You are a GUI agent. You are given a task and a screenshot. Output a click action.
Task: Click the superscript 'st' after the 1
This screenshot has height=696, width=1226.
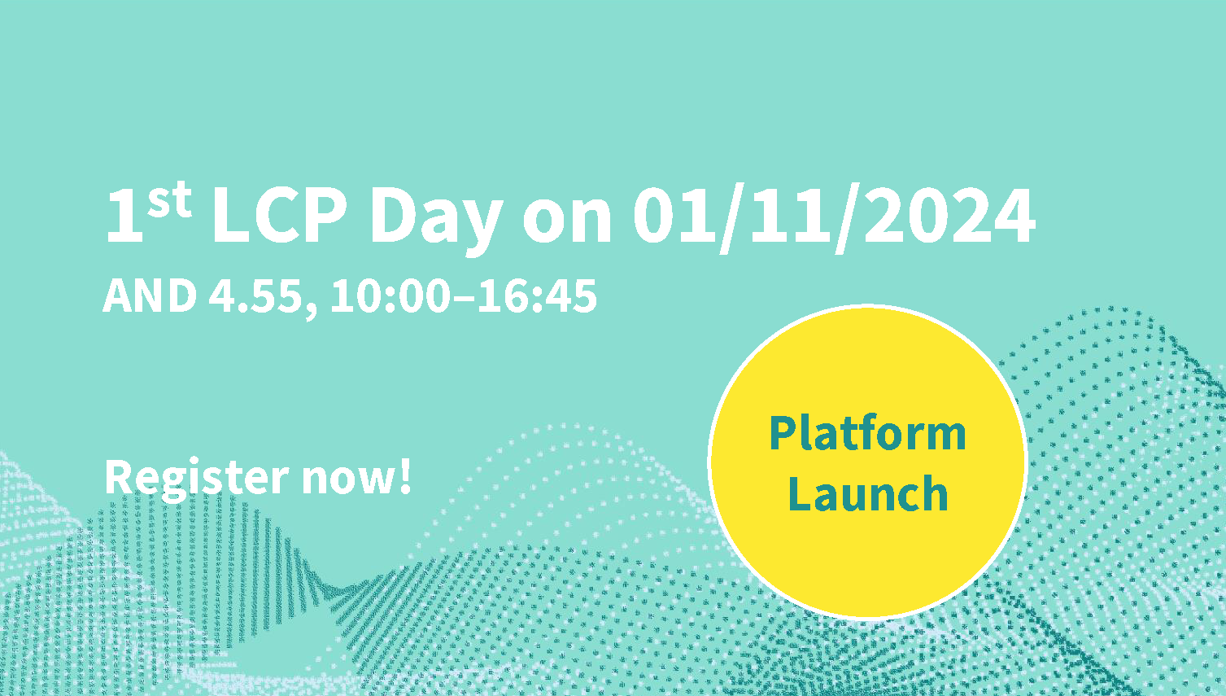pos(170,199)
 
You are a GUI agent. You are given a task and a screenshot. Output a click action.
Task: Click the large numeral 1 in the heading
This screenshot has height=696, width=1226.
pos(124,215)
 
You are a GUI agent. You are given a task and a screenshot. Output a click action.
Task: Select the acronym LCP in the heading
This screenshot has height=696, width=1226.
pos(280,215)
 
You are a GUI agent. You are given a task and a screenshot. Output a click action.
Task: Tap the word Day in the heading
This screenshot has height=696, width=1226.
pos(436,220)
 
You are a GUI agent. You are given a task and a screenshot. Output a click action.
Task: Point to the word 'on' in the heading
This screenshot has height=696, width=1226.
pos(567,221)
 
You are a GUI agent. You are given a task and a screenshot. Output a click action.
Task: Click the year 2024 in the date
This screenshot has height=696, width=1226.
pos(949,215)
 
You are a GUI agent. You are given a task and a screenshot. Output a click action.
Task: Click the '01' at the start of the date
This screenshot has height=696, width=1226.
pos(674,215)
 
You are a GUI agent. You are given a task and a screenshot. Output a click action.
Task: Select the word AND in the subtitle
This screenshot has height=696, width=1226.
pos(150,295)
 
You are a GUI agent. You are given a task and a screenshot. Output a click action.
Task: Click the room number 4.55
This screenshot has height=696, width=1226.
pos(255,295)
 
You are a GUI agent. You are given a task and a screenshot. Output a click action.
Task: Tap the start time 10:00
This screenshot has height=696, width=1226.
pos(390,295)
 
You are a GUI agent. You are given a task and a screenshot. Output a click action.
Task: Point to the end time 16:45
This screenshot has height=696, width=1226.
pos(537,295)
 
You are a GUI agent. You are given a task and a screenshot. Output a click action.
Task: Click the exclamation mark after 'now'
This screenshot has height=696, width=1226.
pos(405,475)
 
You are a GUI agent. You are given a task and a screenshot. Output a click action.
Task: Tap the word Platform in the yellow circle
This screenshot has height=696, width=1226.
pos(867,434)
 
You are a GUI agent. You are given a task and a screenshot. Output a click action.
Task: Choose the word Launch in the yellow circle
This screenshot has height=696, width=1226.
pos(869,492)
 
